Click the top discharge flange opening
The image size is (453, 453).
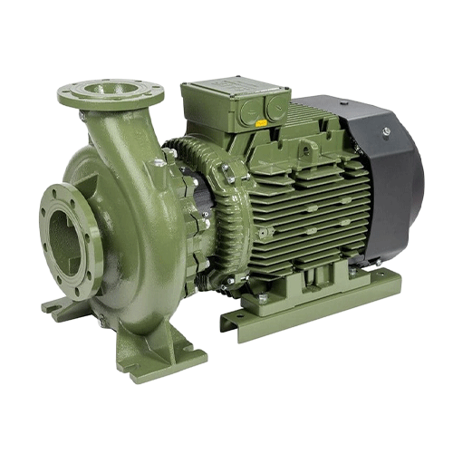tap(111, 91)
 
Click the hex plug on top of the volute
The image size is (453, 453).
tap(159, 163)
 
